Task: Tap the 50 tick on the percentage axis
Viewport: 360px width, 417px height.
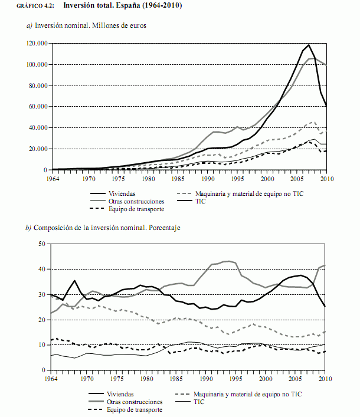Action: coord(41,243)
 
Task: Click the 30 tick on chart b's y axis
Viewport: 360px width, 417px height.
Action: coord(41,294)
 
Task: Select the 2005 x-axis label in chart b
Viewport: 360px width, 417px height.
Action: coord(297,378)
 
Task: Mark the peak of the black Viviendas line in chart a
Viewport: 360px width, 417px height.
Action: coord(309,45)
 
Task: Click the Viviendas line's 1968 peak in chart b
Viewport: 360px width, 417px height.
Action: coord(75,281)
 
